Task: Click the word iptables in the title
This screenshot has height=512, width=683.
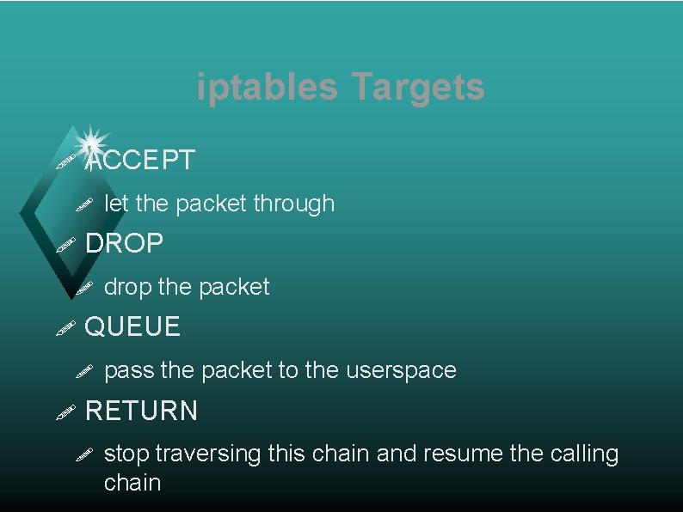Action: click(x=267, y=88)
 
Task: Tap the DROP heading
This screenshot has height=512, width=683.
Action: click(x=125, y=243)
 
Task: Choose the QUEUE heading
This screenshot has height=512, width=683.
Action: click(x=133, y=326)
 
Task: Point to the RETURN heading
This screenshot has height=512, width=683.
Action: click(x=142, y=411)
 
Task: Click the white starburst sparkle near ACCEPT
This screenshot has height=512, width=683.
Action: click(x=91, y=141)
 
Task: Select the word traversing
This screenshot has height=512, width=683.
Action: click(x=208, y=454)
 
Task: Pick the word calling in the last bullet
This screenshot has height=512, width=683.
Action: click(x=584, y=454)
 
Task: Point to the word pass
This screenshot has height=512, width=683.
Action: click(x=128, y=370)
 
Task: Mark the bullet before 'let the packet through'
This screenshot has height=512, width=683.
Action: click(x=83, y=204)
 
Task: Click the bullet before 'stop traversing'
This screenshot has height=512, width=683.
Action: click(x=83, y=454)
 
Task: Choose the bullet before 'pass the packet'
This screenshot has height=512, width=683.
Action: click(x=83, y=371)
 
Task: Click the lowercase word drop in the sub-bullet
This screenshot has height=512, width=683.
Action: click(x=127, y=287)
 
